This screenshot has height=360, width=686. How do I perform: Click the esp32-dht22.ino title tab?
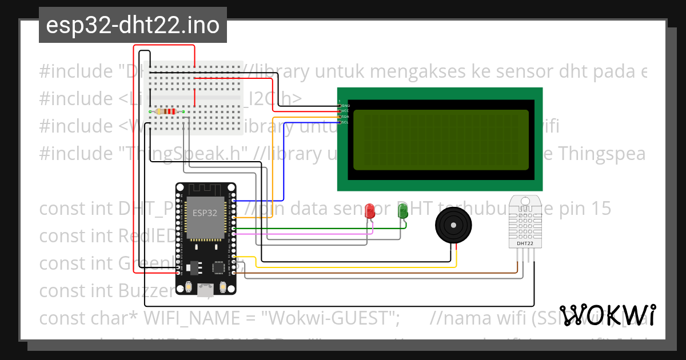(133, 26)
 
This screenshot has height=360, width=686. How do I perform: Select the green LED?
(402, 210)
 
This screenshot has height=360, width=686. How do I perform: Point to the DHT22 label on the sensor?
(525, 243)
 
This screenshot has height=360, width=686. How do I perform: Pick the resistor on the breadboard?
(166, 111)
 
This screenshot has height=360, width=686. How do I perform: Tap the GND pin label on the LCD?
(345, 106)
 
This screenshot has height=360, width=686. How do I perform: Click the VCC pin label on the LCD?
(345, 111)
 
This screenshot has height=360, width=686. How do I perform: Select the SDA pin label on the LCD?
(345, 117)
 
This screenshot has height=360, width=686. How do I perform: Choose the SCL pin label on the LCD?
(345, 122)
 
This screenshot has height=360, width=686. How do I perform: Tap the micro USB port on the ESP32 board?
(204, 291)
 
